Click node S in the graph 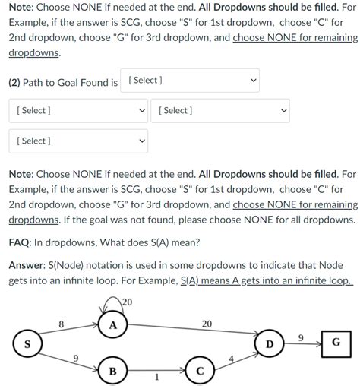coord(28,344)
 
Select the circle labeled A coord(112,325)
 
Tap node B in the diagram coord(112,372)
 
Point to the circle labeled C coord(199,372)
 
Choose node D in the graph coord(270,344)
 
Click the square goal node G coord(336,343)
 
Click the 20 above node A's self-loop coord(126,302)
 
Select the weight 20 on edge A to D coord(207,324)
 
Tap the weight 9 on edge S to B coord(74,358)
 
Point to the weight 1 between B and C coord(156,377)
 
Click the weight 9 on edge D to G coord(301,337)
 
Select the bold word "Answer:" coord(29,266)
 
